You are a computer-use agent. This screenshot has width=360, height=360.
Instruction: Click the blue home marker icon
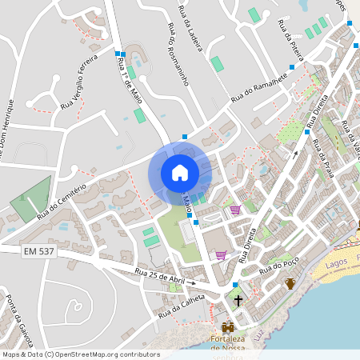click(x=179, y=172)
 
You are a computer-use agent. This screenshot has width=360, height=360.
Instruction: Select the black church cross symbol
click(x=238, y=301)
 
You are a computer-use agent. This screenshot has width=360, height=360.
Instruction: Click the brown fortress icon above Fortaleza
click(x=229, y=327)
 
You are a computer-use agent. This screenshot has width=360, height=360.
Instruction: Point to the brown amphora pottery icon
click(x=290, y=283)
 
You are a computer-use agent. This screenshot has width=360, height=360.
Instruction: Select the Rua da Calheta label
click(x=181, y=306)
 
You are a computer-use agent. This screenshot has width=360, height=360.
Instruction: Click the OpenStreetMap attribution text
click(x=80, y=354)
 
